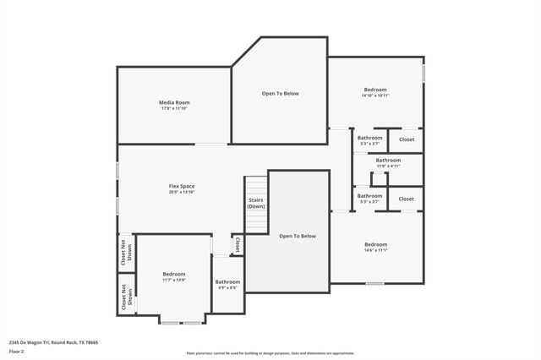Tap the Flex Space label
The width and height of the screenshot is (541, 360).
point(182,186)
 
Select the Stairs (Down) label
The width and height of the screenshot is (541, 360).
point(256,204)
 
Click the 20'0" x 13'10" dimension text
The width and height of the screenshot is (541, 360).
point(182,193)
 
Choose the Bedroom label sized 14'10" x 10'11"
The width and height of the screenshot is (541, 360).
point(375,90)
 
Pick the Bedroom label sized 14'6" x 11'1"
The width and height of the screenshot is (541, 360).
point(375,244)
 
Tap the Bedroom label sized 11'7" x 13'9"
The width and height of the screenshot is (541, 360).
point(174,274)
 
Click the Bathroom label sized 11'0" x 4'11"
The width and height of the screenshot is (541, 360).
point(388,160)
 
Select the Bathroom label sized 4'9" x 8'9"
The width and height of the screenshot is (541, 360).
point(227,281)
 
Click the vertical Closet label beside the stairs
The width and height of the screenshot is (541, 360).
point(238,244)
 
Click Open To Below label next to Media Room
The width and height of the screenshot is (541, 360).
point(280,93)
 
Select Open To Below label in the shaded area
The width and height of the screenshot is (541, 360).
point(298,236)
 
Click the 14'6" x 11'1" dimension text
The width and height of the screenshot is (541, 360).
point(375,251)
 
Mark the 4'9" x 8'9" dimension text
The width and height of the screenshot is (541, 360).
point(227,288)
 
